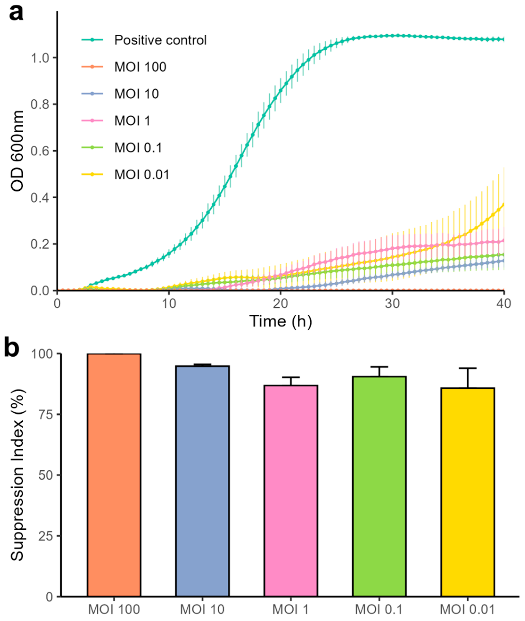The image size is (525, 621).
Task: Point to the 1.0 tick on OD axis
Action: [x=41, y=58]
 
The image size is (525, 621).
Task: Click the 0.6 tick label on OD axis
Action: [x=41, y=151]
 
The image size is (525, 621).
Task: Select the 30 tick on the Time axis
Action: [x=392, y=304]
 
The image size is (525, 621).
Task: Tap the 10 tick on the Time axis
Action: [x=169, y=304]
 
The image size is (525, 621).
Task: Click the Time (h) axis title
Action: [x=281, y=321]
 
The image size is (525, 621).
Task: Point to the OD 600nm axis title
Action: [x=17, y=151]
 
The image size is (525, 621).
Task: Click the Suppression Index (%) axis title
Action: [x=17, y=475]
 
